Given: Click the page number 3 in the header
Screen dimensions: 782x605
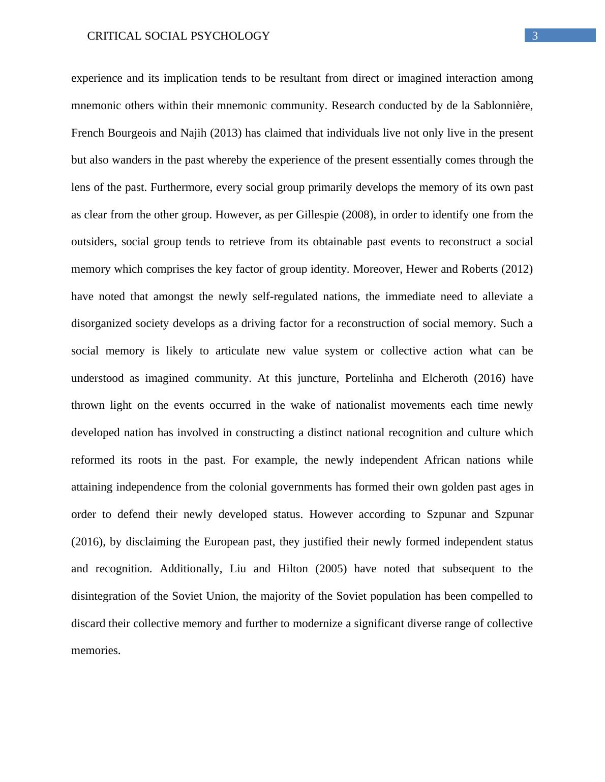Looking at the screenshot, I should pos(534,36).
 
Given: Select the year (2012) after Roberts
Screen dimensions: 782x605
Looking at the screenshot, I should pos(517,269).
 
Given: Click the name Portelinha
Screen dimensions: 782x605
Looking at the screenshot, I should pos(369,378).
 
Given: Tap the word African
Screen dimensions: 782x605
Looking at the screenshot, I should pos(442,460).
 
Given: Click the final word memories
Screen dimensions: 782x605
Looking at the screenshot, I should pos(96,650).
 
